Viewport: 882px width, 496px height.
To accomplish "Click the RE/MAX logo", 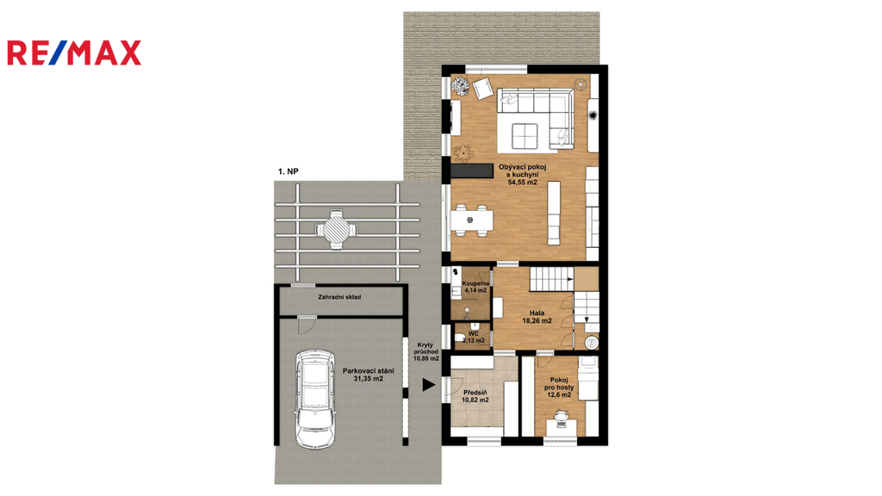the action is [x=74, y=53].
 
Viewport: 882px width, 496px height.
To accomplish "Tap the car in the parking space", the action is [x=315, y=399].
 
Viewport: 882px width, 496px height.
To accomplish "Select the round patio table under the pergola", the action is [x=336, y=229].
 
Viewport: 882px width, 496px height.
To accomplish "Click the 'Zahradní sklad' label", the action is [x=339, y=297].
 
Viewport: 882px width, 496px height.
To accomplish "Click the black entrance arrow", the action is [x=429, y=385].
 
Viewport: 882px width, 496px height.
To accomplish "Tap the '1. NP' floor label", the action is [x=288, y=171].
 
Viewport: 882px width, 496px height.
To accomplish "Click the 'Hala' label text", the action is [x=537, y=313].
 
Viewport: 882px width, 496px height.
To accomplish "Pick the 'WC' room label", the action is [x=474, y=333].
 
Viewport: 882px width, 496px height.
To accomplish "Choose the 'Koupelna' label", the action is [x=475, y=283].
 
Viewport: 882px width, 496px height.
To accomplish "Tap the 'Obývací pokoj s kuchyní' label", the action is [x=523, y=171].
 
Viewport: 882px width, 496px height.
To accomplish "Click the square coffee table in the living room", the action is [x=525, y=135].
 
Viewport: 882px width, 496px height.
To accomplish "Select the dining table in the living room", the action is [x=471, y=220].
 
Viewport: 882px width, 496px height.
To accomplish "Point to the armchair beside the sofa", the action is [x=482, y=89].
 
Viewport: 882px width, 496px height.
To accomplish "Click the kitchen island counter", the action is [x=555, y=213].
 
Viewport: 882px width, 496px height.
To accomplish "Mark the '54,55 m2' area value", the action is [x=523, y=183].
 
